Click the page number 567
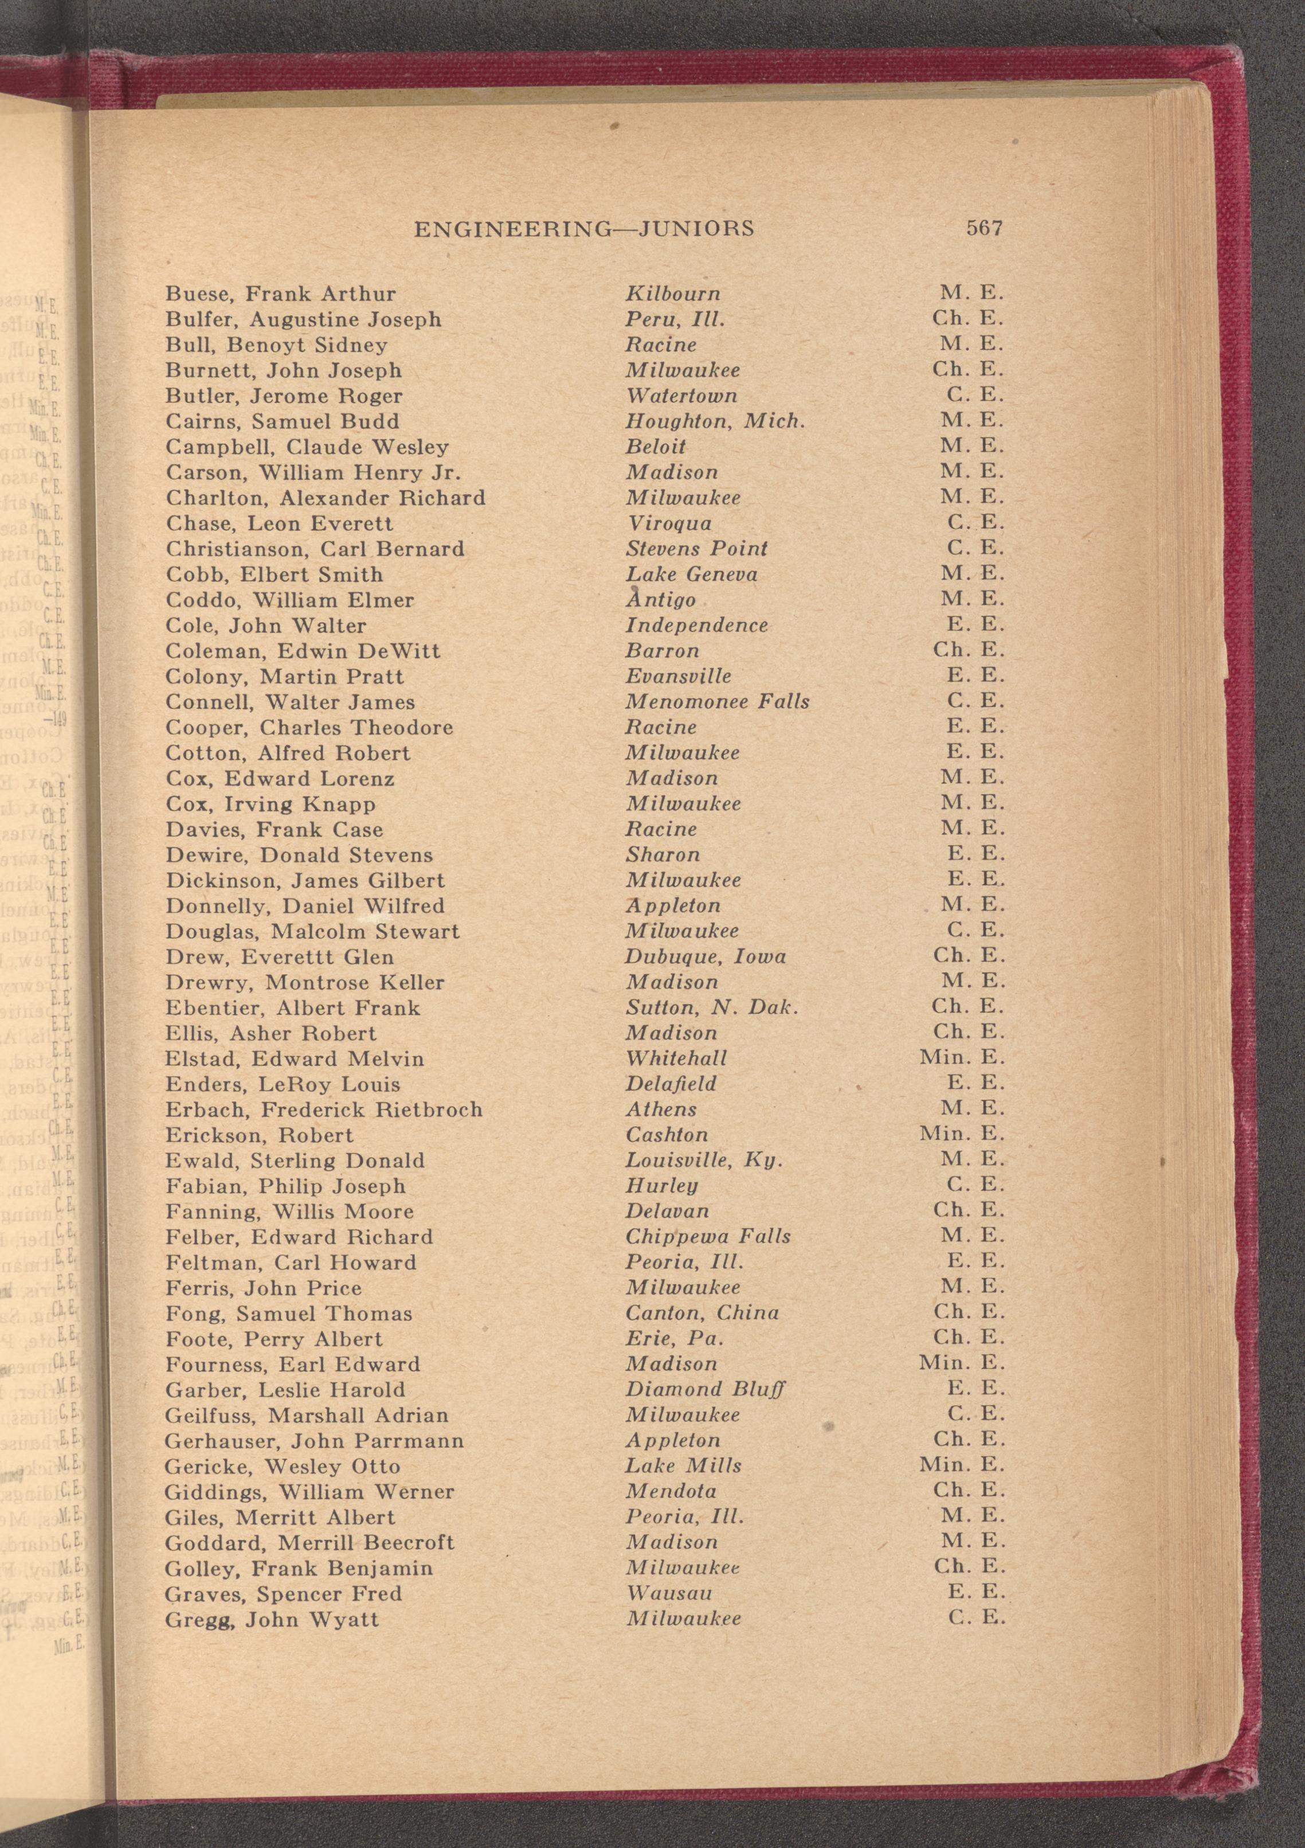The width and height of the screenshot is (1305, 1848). pos(985,229)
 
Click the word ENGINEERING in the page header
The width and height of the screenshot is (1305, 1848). pos(512,229)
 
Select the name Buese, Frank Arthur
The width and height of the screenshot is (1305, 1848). pos(280,294)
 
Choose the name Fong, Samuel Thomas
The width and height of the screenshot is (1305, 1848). pos(289,1314)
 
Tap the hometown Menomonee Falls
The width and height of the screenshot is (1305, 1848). pos(718,702)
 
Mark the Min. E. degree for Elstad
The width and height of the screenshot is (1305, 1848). pos(962,1058)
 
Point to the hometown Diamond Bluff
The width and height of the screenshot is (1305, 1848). pos(705,1390)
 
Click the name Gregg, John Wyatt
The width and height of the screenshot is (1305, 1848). pos(271,1619)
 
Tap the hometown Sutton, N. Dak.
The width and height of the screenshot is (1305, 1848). pos(712,1007)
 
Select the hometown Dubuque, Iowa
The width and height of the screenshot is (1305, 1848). pos(706,957)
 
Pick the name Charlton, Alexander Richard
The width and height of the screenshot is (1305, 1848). pos(325,498)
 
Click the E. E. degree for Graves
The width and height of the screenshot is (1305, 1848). pos(976,1593)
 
